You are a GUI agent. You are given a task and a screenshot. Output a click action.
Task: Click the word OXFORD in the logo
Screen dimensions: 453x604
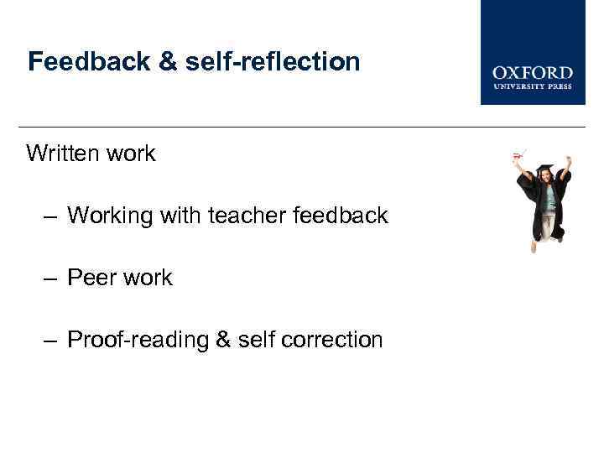(x=533, y=73)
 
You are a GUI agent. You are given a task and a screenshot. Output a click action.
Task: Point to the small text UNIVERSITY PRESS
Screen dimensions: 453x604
(x=533, y=87)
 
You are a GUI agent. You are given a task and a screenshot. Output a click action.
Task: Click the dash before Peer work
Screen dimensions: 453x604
(x=51, y=278)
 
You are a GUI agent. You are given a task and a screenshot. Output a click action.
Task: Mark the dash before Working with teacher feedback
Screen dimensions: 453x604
(x=51, y=216)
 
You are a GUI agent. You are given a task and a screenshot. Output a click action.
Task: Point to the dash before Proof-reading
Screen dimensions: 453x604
(x=51, y=340)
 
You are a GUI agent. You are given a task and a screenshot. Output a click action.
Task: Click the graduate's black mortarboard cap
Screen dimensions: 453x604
(x=546, y=167)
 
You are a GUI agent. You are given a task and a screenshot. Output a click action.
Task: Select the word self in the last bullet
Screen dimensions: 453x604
(x=255, y=340)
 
